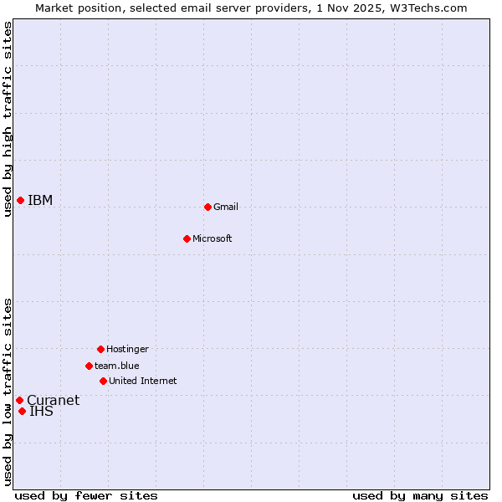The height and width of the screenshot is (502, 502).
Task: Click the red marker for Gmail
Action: click(207, 207)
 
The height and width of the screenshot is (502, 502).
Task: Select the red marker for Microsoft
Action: click(187, 238)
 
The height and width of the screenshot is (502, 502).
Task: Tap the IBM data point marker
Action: click(20, 200)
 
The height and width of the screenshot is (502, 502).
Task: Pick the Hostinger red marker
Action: click(100, 349)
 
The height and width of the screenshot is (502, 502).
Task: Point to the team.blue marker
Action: click(89, 366)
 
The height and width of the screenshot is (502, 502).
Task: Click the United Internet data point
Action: click(103, 381)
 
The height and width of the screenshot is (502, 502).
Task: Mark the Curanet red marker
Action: click(19, 400)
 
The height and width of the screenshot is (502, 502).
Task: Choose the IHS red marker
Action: click(22, 411)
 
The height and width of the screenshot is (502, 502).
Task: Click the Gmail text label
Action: click(226, 207)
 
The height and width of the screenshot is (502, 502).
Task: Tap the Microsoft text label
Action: click(213, 238)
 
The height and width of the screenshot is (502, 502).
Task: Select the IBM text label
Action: click(40, 200)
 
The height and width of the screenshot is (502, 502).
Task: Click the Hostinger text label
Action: click(127, 349)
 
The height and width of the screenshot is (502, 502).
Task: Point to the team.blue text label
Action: click(117, 366)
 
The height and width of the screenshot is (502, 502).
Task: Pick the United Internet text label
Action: click(142, 381)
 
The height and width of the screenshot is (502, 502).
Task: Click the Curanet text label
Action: click(53, 400)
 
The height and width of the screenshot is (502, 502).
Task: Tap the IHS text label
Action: click(41, 411)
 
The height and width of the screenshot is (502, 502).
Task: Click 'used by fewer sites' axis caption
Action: click(86, 495)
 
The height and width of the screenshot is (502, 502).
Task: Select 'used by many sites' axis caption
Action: click(420, 495)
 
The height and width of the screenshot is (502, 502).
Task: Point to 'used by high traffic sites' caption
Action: click(8, 119)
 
